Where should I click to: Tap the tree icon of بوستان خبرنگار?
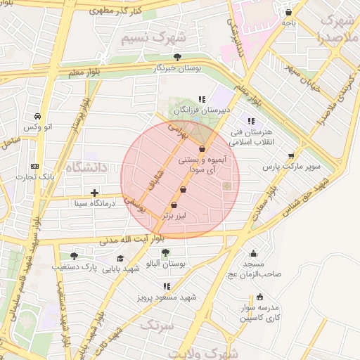(x=176, y=58)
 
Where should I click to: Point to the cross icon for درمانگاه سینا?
(x=95, y=193)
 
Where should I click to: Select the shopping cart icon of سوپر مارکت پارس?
(x=291, y=156)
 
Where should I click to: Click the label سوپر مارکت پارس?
(x=291, y=167)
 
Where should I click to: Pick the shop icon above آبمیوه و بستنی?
(x=202, y=149)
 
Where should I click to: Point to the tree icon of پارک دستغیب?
(x=74, y=256)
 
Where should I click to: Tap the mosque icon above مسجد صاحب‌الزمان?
(x=253, y=254)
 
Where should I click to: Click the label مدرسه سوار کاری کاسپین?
(x=261, y=313)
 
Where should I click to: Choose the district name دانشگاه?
(x=86, y=167)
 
